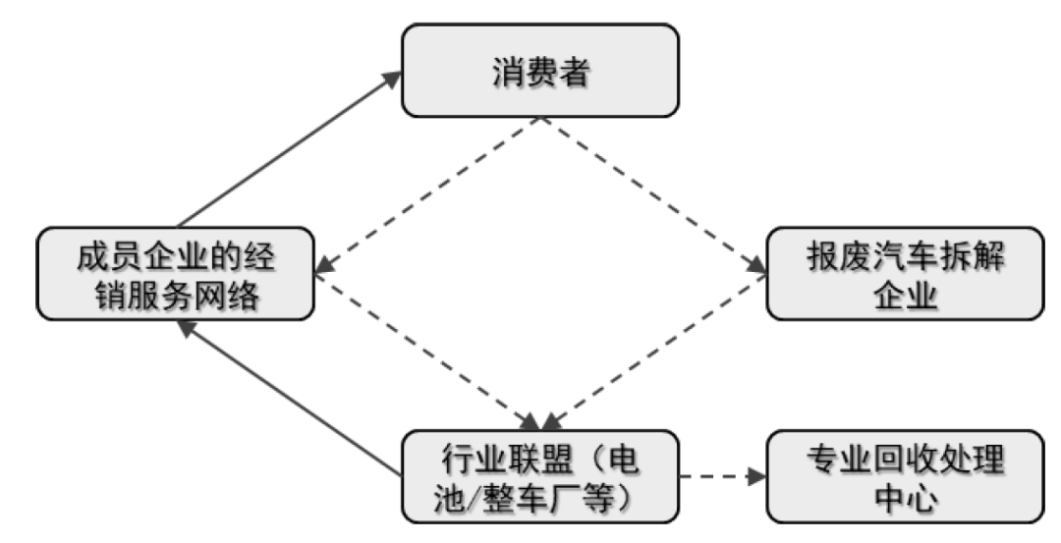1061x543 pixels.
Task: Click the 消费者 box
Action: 539,71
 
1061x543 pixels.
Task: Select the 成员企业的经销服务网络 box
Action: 175,274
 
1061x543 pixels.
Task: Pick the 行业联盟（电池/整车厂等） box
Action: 539,476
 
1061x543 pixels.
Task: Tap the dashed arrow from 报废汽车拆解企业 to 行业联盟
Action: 652,350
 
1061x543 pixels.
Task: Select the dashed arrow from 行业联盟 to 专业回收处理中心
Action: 722,477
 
